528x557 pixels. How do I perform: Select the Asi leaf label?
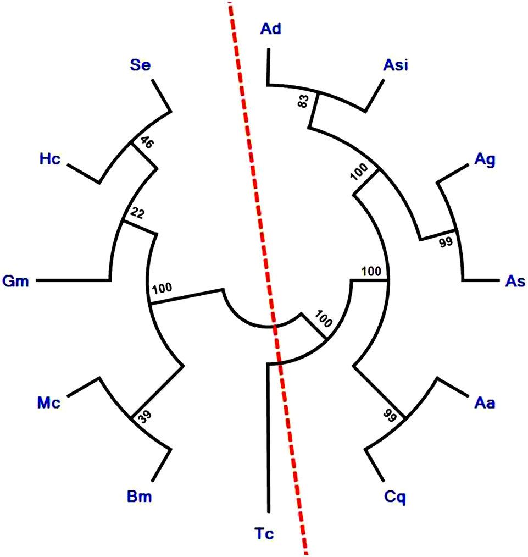395,66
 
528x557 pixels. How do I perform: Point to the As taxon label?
514,282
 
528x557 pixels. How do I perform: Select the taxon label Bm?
140,497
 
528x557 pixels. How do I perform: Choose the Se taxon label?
140,66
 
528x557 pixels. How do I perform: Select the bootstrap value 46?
146,142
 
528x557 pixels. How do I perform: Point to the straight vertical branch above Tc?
267,440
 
